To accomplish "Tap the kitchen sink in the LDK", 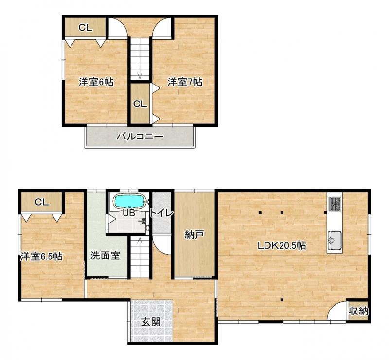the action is (335, 240).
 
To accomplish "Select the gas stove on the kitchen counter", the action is (335, 204).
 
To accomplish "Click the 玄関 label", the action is (151, 322).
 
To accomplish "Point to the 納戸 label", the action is (194, 234).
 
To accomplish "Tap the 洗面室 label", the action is (105, 256).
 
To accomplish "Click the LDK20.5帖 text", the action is (282, 245).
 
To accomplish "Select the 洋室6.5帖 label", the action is (41, 257).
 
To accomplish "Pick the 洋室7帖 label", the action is (185, 82).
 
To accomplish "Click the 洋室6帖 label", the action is (96, 82).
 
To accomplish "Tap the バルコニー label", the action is (140, 136).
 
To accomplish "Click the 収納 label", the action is (358, 310).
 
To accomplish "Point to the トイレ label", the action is (161, 213).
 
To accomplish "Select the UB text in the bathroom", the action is (129, 213).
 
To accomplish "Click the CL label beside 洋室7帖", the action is (140, 104).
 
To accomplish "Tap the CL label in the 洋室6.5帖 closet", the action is (42, 202).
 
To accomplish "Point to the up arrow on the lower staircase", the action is (140, 240).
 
